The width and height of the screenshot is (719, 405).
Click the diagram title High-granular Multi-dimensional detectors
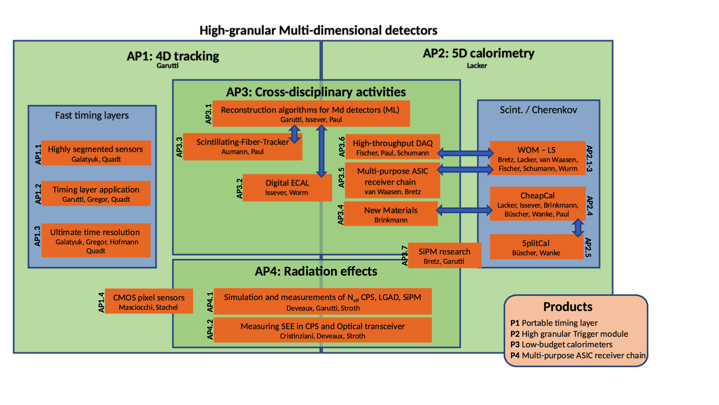pos(318,30)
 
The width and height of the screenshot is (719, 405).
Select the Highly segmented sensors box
pos(96,153)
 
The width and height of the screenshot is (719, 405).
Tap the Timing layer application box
pos(96,194)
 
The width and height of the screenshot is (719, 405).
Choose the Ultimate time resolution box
pos(96,240)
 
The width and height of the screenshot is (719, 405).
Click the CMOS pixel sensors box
pos(149,301)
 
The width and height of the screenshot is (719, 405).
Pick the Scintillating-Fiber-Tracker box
pos(242,146)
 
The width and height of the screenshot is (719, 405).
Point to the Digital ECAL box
pos(287,187)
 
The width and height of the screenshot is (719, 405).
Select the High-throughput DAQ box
pos(392,147)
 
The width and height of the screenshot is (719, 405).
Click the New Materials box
pos(390,214)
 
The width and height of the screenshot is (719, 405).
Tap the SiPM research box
pos(444,256)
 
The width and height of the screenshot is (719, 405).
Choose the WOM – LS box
pos(537,158)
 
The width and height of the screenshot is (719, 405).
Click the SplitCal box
pos(536,247)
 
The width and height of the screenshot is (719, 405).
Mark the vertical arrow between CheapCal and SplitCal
pos(578,227)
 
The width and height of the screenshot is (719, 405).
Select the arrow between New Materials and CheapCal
pos(464,210)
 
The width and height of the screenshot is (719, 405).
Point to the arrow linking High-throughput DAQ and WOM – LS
pos(465,153)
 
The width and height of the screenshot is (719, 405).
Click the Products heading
pos(567,307)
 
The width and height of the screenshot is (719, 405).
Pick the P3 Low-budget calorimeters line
pos(561,345)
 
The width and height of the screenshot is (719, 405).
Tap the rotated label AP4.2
pos(210,329)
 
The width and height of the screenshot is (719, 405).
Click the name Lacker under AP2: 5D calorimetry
pos(476,66)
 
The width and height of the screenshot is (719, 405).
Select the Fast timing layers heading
pos(92,116)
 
